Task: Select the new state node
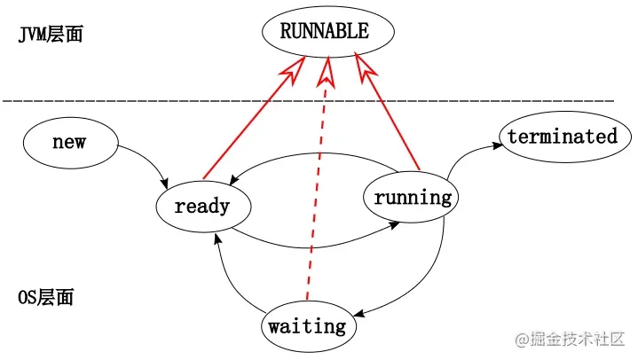69,142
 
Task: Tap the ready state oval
202,207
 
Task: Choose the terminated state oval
562,137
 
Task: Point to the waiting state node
307,326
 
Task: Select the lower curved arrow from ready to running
311,244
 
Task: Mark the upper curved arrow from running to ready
311,159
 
